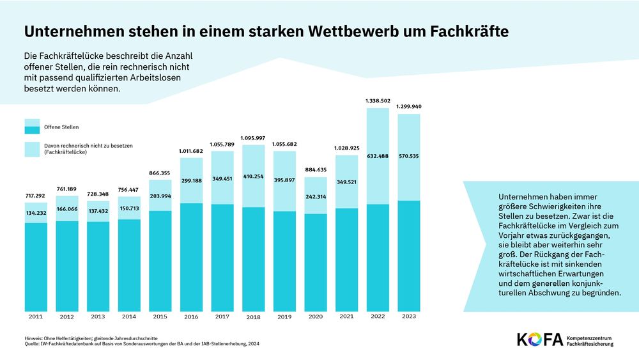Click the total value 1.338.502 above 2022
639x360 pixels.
[x=378, y=100]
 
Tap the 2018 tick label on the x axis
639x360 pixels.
[x=253, y=317]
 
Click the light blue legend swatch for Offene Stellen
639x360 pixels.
[x=32, y=127]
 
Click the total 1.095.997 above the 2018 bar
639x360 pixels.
[x=253, y=137]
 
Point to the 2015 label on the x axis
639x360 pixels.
[x=159, y=317]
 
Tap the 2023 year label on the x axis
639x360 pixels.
[x=409, y=316]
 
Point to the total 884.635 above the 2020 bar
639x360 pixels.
[x=316, y=169]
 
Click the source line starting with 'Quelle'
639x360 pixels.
[x=141, y=343]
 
